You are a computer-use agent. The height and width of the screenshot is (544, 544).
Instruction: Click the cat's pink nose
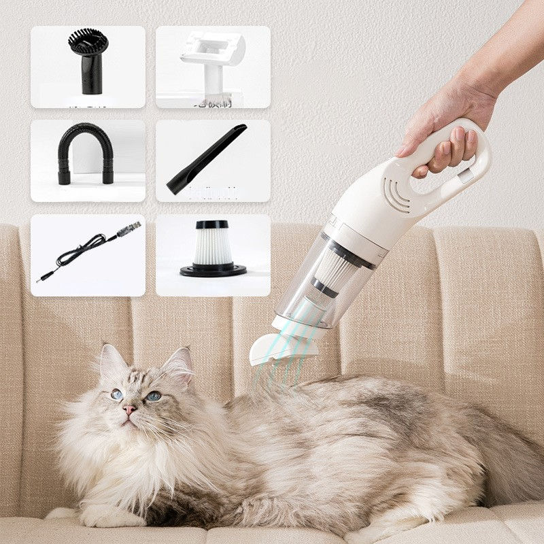(129, 409)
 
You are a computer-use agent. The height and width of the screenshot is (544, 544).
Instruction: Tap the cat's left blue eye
(117, 394)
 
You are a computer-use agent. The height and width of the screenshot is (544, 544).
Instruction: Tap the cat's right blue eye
(153, 396)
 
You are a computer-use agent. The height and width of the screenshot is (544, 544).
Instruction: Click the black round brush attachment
(88, 61)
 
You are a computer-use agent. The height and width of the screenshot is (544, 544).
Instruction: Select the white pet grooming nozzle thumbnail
(212, 67)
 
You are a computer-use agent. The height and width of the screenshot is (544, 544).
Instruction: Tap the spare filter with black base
(213, 249)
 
